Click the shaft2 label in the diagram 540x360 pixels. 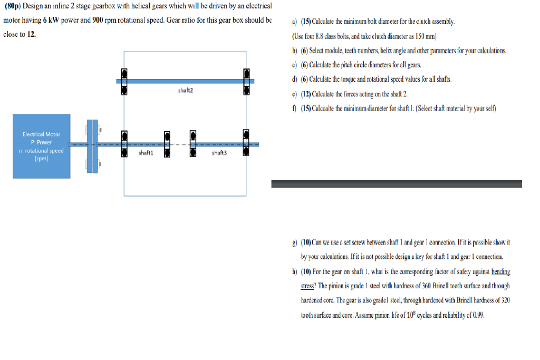[186, 91]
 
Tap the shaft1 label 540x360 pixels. [146, 153]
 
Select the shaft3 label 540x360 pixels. [219, 153]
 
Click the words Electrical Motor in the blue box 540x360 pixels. [41, 134]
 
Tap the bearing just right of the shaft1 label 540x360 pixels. [167, 144]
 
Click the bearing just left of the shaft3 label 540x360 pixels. [193, 144]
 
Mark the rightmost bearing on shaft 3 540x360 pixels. [246, 144]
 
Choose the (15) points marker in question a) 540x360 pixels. [306, 22]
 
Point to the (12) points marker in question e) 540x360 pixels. [306, 94]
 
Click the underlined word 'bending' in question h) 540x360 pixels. [500, 272]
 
